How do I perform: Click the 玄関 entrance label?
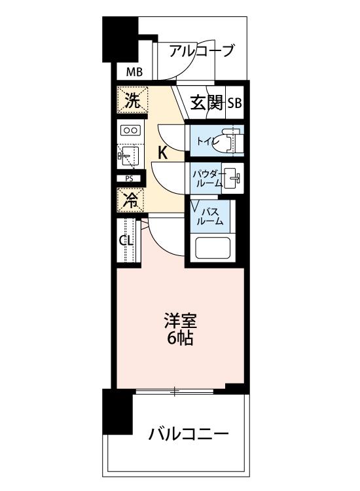(x=207, y=103)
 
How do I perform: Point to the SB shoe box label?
(x=234, y=103)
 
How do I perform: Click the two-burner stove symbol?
(x=130, y=130)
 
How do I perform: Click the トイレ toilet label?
(x=203, y=140)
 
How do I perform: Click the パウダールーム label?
(x=205, y=179)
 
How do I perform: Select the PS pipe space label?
(x=129, y=179)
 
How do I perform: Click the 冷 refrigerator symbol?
(x=131, y=200)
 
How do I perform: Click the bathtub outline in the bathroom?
(x=212, y=248)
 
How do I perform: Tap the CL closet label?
(x=126, y=240)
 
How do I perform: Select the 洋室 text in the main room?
(x=179, y=322)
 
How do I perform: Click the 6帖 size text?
(x=179, y=339)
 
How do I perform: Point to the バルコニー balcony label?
(x=187, y=433)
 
